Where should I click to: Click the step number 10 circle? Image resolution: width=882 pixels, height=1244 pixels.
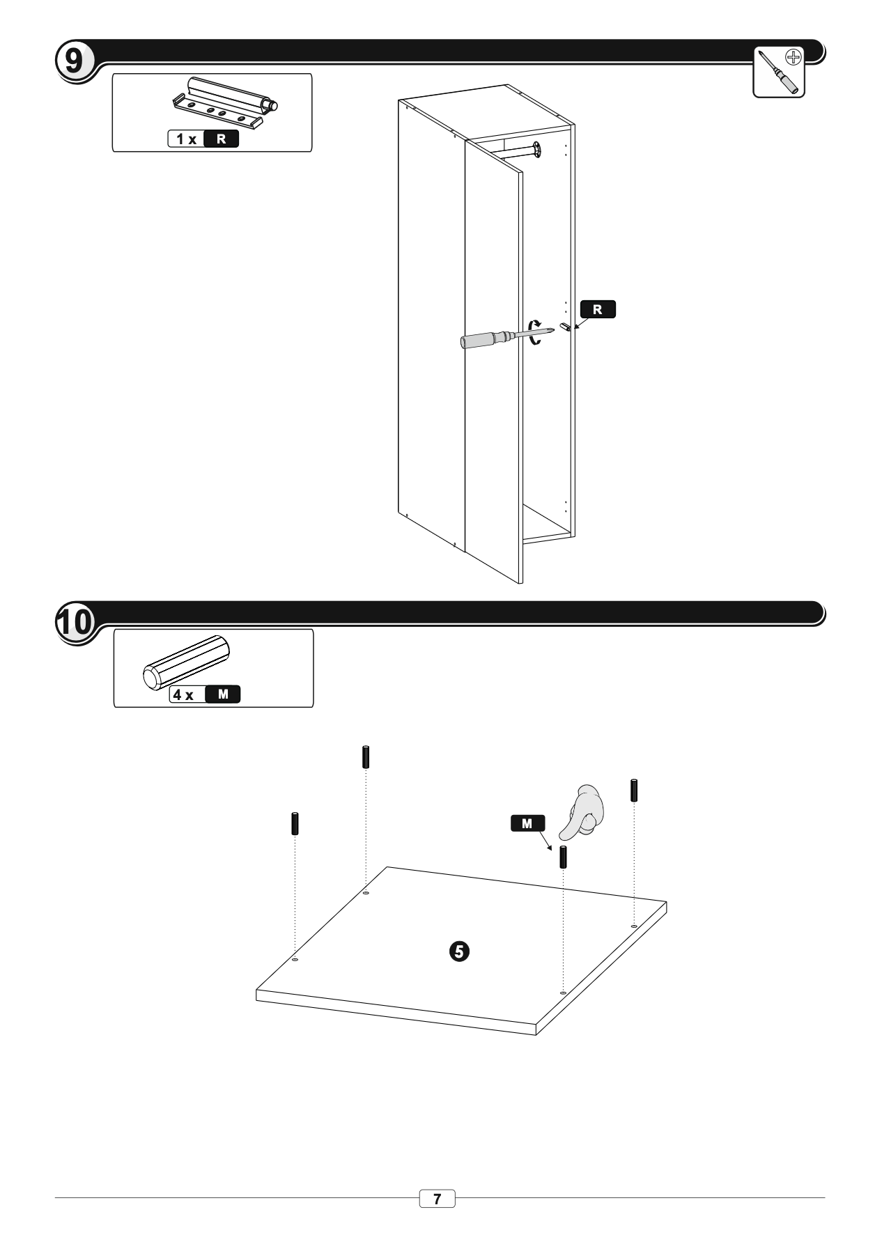tap(73, 622)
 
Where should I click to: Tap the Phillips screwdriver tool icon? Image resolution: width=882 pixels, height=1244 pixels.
tap(779, 72)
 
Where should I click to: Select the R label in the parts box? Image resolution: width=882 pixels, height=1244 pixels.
tap(221, 139)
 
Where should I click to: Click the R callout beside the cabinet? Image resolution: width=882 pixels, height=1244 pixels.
tap(598, 309)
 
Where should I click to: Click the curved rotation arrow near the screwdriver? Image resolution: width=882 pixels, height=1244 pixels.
tap(535, 332)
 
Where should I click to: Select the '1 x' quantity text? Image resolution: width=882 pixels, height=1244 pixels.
tap(186, 139)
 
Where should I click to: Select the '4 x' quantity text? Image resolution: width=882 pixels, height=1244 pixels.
tap(184, 694)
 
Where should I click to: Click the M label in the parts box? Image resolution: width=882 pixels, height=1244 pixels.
tap(223, 694)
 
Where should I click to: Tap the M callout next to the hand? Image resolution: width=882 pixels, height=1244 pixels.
tap(527, 823)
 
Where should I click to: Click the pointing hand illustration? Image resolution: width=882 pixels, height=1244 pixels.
tap(584, 811)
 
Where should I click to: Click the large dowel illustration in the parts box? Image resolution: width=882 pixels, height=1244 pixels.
tap(186, 662)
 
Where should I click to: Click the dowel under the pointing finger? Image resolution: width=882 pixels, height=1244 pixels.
tap(563, 856)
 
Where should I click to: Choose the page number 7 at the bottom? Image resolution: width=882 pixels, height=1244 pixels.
tap(438, 1199)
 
